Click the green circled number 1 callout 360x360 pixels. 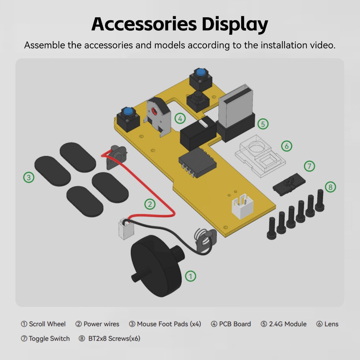pos(190,276)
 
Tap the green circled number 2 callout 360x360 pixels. pos(150,204)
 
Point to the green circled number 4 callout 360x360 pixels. pos(180,119)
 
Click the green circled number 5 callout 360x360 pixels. pos(263,124)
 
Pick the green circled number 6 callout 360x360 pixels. pos(287,146)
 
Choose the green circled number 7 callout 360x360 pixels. pos(309,166)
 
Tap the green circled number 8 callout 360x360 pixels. pos(330,187)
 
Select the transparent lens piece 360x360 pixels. pos(260,155)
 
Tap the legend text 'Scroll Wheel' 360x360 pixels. pos(47,324)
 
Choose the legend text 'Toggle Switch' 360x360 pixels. pos(49,339)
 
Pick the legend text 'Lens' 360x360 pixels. pos(331,324)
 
